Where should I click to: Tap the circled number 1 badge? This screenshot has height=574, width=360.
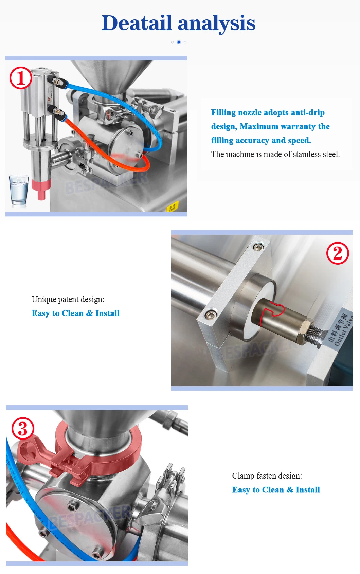tap(20, 78)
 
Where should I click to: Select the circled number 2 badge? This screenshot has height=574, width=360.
tap(338, 253)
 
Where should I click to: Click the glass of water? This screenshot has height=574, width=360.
tap(18, 190)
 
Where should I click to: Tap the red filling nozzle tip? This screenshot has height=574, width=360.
tap(41, 189)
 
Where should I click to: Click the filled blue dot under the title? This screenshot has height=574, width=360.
tap(179, 42)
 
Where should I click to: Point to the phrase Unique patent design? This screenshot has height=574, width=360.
tap(68, 299)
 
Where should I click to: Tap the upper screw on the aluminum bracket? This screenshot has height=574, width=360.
tap(258, 246)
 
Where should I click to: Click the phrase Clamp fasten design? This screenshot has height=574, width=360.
tap(267, 476)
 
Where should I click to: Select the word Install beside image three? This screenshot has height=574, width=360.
tap(308, 490)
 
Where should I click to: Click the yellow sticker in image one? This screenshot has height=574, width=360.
tap(173, 207)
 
